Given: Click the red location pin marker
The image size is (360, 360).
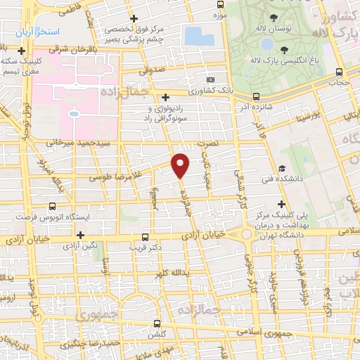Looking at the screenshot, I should point(181,164).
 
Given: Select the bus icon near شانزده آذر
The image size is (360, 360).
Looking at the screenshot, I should point(255,96).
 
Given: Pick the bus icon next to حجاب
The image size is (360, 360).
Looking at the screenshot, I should point(340,72).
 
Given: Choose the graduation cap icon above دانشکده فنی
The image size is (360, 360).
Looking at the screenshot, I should point(281,169).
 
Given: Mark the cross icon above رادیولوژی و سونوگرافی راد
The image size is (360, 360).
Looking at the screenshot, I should point(165,97).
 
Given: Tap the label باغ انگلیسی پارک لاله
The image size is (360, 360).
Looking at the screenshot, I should point(283,60).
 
